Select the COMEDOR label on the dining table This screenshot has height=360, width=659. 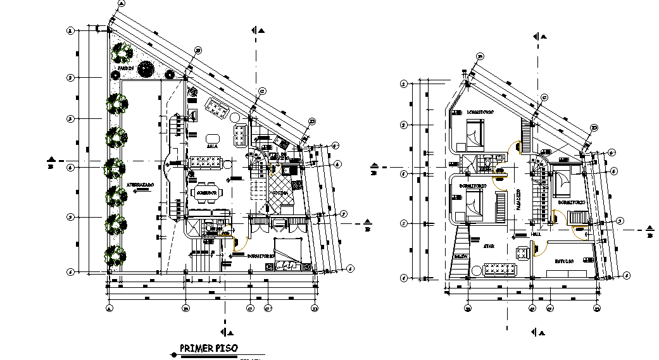(207, 192)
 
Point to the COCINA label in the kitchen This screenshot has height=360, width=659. (283, 192)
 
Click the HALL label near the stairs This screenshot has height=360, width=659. (537, 233)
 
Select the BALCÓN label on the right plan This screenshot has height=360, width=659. (461, 256)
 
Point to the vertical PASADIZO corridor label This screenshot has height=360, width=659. (518, 200)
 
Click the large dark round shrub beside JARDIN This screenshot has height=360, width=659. (146, 68)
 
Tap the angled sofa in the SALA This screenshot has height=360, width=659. (217, 108)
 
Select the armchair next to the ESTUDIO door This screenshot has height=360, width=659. (523, 253)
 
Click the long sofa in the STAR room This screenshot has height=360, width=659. (500, 270)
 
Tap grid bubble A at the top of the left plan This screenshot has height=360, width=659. (120, 3)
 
